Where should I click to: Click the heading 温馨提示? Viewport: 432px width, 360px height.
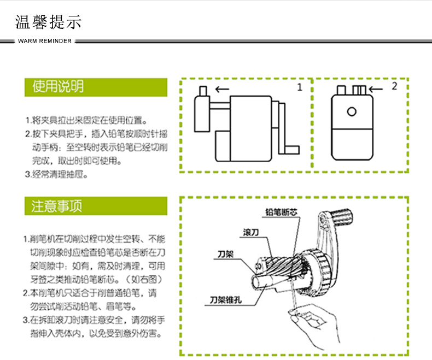[49, 22]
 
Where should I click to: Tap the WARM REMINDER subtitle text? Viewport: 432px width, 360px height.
[45, 41]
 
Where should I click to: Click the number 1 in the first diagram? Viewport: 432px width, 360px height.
[299, 87]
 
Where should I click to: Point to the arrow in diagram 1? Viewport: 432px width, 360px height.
[222, 89]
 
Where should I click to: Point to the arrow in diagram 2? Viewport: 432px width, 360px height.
[376, 89]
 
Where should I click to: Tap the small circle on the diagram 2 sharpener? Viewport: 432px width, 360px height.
[351, 111]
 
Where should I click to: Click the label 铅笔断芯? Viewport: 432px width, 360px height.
[281, 212]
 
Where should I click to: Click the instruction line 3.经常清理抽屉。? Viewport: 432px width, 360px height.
[56, 175]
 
